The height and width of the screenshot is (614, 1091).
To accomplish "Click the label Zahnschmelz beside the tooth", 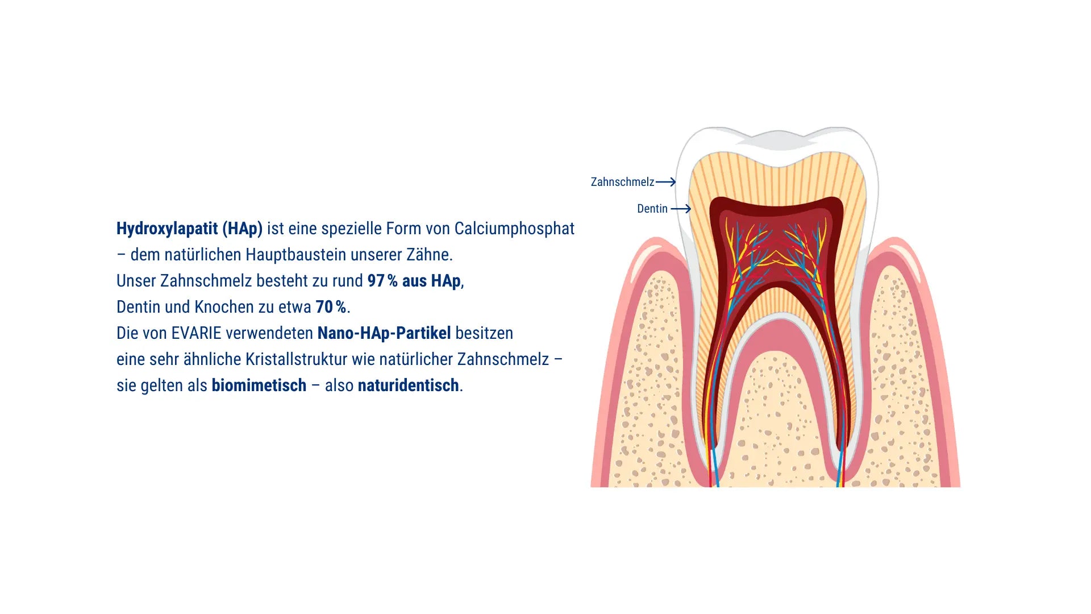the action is tap(622, 182).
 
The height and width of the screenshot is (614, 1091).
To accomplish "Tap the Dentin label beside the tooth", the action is tap(652, 209).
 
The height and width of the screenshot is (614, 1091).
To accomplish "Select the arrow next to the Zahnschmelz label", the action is tap(666, 182).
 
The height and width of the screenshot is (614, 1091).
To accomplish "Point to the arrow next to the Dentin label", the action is tap(681, 209).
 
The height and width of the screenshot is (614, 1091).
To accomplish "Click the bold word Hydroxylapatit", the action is tap(167, 229).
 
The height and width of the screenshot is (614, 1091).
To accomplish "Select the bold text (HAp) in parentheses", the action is tap(243, 229).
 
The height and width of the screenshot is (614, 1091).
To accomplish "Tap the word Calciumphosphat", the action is tap(514, 229).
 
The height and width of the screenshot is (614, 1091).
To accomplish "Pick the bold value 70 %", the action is tap(331, 307).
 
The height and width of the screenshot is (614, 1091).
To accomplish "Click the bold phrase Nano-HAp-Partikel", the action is tap(384, 333).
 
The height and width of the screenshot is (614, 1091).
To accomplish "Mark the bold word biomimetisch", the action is tap(259, 385).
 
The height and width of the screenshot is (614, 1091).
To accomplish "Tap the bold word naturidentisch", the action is tap(409, 385).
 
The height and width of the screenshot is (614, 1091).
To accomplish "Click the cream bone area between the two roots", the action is tap(776, 421).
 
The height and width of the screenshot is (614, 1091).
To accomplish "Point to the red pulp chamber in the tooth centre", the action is tap(776, 244).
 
